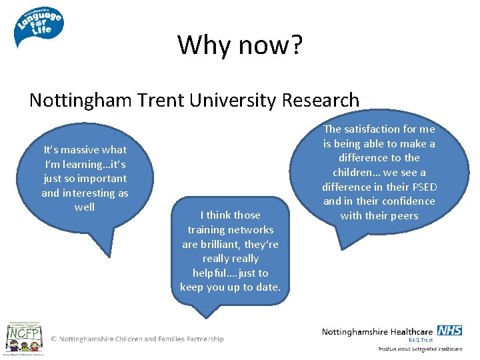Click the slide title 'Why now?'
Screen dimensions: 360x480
(x=240, y=45)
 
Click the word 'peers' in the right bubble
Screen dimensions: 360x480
(x=403, y=215)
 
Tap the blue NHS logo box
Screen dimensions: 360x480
(x=450, y=331)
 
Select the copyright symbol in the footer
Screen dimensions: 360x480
(x=54, y=339)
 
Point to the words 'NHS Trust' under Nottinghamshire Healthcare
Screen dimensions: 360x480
(x=421, y=340)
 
